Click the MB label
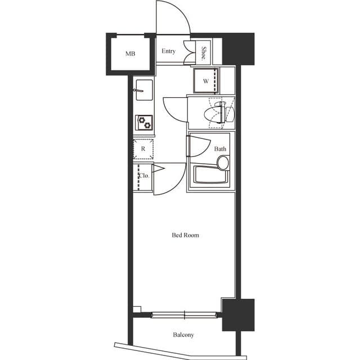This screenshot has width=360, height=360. [x=130, y=54]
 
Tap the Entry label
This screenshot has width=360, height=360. [x=168, y=51]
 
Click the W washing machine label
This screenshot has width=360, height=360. [x=206, y=81]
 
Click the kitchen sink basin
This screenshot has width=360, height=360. [x=143, y=88]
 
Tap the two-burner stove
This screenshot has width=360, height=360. [x=144, y=122]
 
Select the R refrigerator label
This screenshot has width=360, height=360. [x=143, y=149]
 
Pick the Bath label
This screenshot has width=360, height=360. [x=220, y=149]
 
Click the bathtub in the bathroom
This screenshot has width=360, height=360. [x=211, y=175]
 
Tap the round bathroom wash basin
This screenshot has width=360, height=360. [x=223, y=163]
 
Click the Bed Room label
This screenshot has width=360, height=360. [x=185, y=235]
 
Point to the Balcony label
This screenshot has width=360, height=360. [x=183, y=335]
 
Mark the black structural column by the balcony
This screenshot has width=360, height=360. [x=238, y=314]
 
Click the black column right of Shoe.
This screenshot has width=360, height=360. [x=238, y=48]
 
